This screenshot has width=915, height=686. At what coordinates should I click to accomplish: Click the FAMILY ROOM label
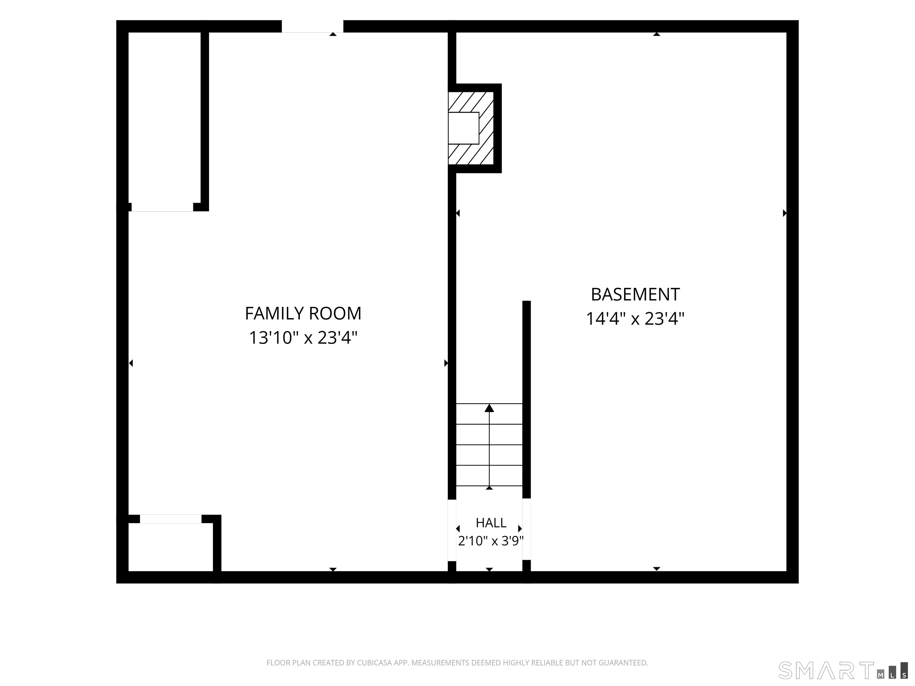coord(303,314)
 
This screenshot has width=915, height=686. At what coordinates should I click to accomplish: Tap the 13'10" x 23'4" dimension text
coord(303,338)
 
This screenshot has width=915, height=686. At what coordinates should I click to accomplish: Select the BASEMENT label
coord(635,294)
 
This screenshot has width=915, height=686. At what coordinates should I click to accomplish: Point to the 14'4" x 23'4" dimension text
coord(635,319)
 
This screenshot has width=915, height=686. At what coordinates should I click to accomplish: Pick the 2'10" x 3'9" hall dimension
coord(491,541)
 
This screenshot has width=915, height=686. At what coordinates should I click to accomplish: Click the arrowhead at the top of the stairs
coord(489,408)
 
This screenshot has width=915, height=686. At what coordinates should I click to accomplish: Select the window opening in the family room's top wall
coord(312,26)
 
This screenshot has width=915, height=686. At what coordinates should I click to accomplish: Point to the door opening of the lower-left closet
coord(170,519)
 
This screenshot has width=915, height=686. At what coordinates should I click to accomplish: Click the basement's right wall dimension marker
coord(784,213)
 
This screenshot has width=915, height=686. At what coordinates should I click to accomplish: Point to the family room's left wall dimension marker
coord(131,363)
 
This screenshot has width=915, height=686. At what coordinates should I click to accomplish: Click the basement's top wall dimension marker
coord(656,34)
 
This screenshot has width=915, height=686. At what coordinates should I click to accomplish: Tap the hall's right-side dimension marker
coord(520,529)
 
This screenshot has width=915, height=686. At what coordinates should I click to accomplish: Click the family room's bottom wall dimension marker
coord(333,570)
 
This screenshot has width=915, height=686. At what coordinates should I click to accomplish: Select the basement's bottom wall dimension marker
coord(656,569)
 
